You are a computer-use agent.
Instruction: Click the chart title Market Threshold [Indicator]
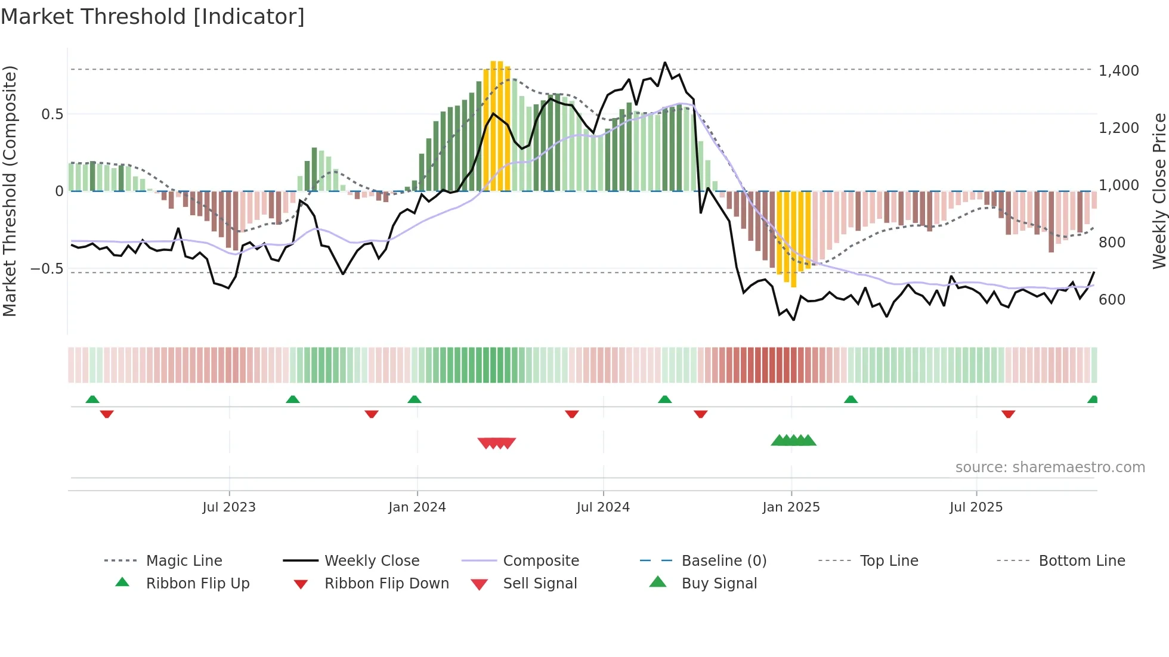point(153,17)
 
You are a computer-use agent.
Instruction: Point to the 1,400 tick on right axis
point(1118,71)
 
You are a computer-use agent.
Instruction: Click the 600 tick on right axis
point(1112,300)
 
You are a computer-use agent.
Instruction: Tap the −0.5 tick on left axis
point(47,269)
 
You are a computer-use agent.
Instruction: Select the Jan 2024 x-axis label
point(417,507)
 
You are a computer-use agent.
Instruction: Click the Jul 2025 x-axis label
point(976,507)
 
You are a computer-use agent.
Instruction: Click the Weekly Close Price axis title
point(1159,191)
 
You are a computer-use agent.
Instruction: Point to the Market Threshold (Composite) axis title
point(10,191)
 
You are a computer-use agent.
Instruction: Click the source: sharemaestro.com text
point(1050,467)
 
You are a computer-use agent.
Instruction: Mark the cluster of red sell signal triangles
point(496,443)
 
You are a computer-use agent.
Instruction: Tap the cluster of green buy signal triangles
point(793,441)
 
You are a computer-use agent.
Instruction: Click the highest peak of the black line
point(665,63)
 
